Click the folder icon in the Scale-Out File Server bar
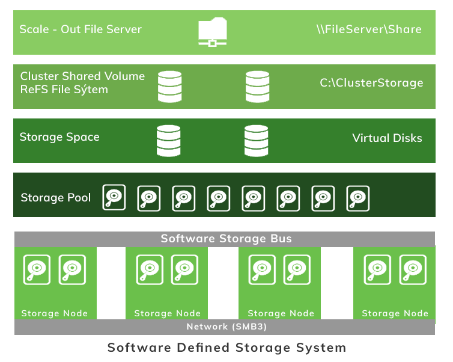coord(212,32)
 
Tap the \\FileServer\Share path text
coord(369,29)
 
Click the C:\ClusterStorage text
coord(371,83)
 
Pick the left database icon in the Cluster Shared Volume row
coord(169,86)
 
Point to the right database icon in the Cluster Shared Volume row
coord(257,86)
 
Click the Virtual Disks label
coord(387,138)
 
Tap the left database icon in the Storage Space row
coord(168,140)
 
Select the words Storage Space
coord(59,137)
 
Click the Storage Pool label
coord(56,198)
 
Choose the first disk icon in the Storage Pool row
coord(114,197)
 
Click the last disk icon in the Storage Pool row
coord(358,197)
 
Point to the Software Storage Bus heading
coord(226,239)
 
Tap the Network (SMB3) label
coord(227,327)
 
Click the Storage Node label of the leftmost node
coord(55,313)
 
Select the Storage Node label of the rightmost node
coord(395,313)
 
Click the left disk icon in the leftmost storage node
coord(37,269)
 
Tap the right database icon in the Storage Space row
coord(257,140)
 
